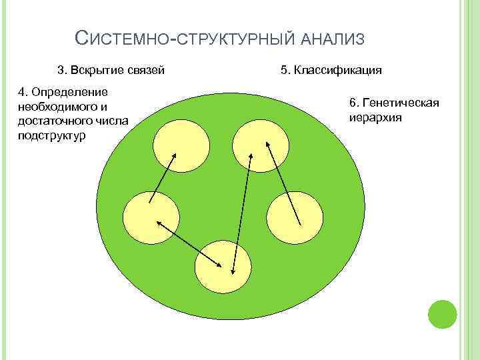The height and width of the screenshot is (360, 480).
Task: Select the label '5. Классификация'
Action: click(x=331, y=69)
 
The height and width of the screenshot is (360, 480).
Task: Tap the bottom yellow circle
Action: click(x=223, y=267)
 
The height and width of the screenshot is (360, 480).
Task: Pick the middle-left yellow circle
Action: click(x=151, y=217)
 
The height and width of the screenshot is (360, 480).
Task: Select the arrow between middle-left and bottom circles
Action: click(x=189, y=245)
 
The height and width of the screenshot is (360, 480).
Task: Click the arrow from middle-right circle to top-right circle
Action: click(x=283, y=182)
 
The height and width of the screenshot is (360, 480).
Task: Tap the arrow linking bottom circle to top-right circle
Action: click(x=242, y=212)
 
